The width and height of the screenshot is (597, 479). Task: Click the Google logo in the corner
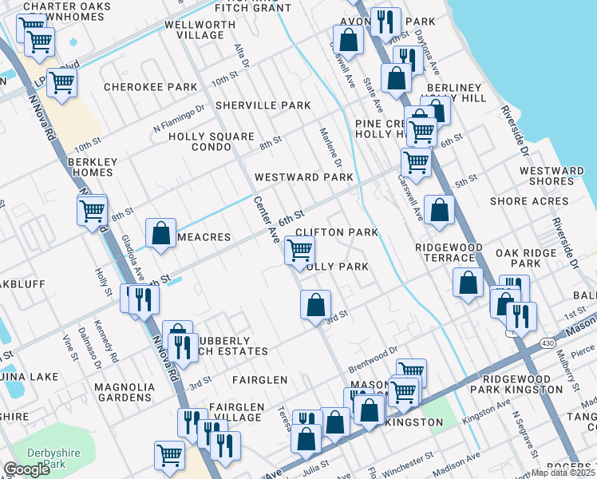(x=26, y=469)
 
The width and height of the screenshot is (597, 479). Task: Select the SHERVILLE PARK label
(x=263, y=105)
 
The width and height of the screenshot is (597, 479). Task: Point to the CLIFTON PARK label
(x=336, y=232)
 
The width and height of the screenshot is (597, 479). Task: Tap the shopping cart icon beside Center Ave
(x=299, y=250)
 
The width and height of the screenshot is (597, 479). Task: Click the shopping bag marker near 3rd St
(x=316, y=304)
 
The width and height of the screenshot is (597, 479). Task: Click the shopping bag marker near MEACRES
(x=161, y=233)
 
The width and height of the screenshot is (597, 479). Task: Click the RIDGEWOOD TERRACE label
(x=449, y=253)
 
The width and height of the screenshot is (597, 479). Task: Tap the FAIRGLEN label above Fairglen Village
(x=260, y=380)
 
